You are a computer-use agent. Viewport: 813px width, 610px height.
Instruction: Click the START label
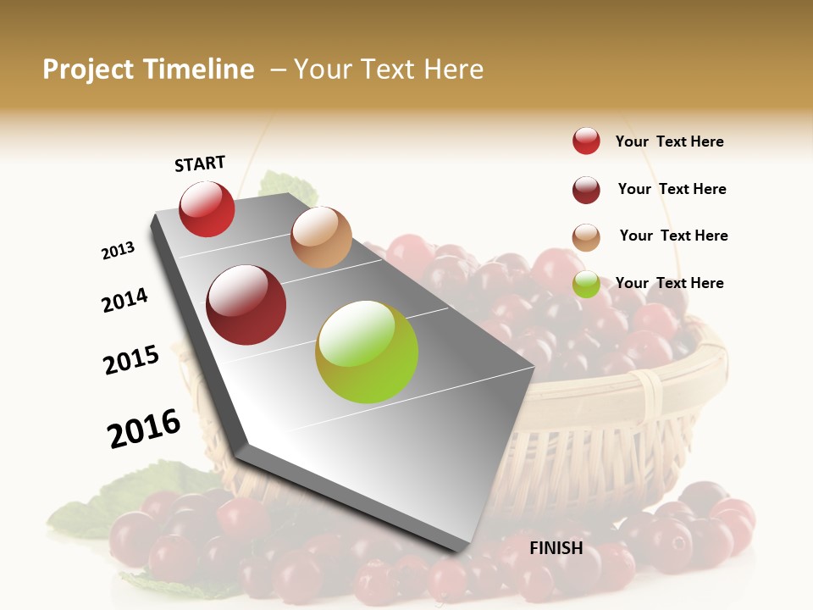200,164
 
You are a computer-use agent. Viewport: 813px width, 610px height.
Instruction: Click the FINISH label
556,548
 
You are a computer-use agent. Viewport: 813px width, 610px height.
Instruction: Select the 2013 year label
119,251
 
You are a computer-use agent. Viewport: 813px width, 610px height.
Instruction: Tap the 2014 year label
125,300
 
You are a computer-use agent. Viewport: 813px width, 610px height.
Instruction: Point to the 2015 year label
131,360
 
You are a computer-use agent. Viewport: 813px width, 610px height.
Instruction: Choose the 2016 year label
144,428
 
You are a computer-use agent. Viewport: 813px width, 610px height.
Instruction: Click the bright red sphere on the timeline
207,209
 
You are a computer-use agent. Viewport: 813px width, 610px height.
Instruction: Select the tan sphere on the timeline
321,237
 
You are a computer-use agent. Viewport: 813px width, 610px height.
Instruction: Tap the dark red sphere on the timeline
246,305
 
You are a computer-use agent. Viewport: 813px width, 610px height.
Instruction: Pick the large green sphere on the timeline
367,352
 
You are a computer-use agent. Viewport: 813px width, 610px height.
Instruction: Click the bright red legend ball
586,141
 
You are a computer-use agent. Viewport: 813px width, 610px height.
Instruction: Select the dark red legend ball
586,190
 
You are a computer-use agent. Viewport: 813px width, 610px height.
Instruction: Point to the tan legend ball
586,237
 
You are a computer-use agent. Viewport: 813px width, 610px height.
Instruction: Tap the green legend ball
586,285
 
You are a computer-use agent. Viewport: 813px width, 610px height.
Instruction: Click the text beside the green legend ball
669,283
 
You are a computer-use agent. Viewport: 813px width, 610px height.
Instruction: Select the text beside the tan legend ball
673,236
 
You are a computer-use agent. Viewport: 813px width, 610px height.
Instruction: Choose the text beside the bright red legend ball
669,141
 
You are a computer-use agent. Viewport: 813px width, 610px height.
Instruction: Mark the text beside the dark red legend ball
672,189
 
